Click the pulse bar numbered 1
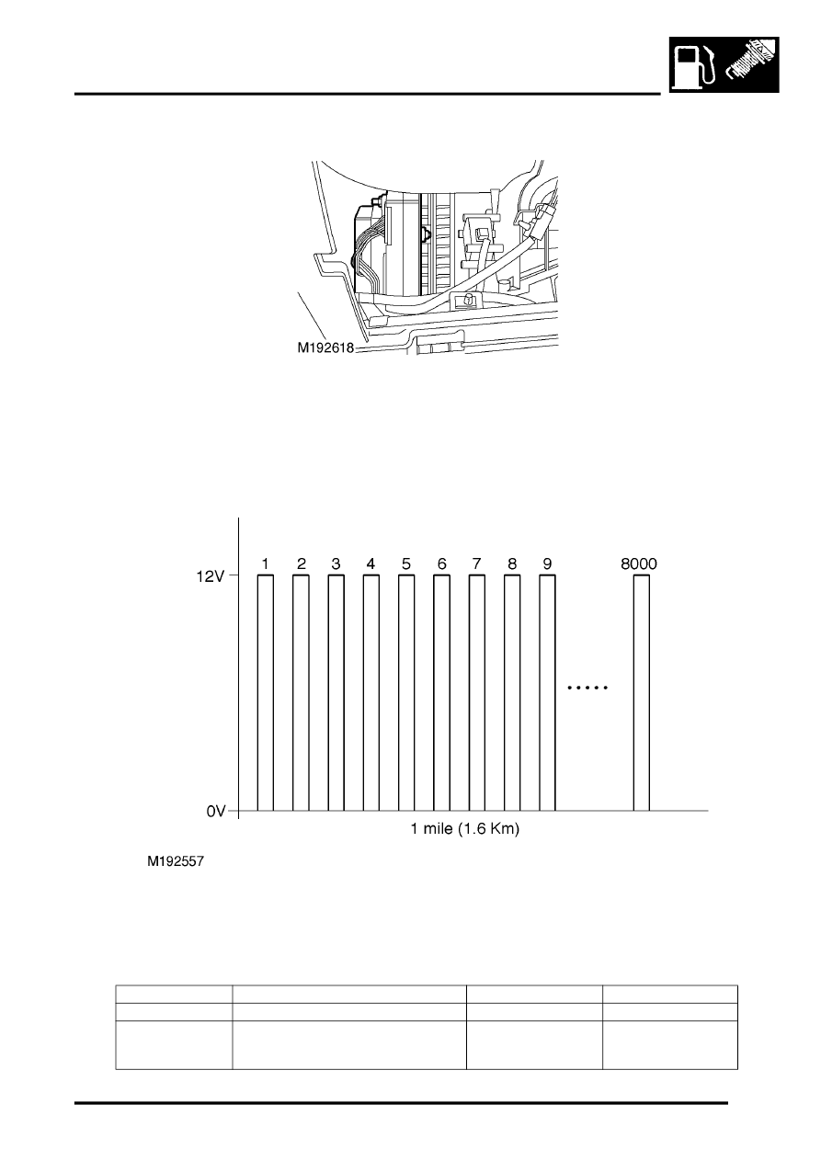point(266,692)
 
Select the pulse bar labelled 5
point(406,692)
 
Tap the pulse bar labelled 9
point(547,692)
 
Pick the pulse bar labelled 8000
point(641,692)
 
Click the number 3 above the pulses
point(336,563)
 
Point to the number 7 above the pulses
point(477,563)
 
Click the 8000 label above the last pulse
point(639,563)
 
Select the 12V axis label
point(211,575)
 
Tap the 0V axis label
point(216,811)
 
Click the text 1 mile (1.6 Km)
point(465,829)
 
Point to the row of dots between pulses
point(587,688)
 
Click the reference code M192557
point(176,861)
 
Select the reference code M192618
point(325,347)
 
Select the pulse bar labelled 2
point(301,692)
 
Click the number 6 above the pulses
point(441,563)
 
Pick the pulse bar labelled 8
point(512,692)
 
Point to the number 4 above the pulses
point(371,563)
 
